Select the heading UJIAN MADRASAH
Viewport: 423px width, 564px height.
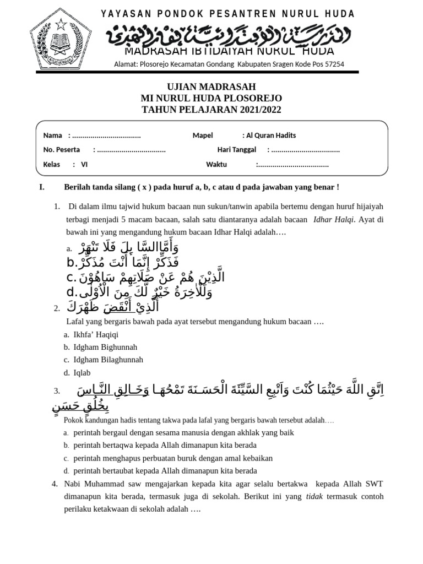pyautogui.click(x=211, y=87)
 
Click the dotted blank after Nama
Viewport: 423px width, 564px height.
pyautogui.click(x=106, y=135)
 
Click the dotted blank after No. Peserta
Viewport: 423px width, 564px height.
pyautogui.click(x=131, y=150)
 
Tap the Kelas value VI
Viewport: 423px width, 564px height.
pyautogui.click(x=84, y=164)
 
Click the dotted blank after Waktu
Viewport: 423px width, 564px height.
pyautogui.click(x=292, y=164)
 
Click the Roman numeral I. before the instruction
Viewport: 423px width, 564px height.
pyautogui.click(x=42, y=187)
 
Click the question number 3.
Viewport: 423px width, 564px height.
pyautogui.click(x=57, y=392)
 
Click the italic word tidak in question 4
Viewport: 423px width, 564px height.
pyautogui.click(x=314, y=497)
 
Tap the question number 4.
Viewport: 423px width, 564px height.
pyautogui.click(x=55, y=484)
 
